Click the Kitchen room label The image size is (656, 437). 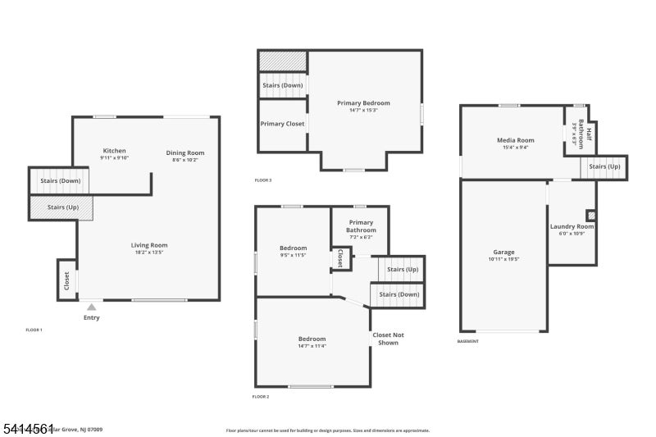[114, 151]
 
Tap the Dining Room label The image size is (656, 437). [185, 152]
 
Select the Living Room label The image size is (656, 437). [149, 245]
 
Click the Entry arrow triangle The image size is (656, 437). [91, 307]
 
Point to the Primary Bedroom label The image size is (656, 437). [363, 103]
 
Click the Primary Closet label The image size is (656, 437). [282, 124]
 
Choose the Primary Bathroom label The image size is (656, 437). [361, 226]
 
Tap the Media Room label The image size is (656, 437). [515, 140]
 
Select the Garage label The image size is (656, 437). [503, 253]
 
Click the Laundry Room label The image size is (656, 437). [572, 226]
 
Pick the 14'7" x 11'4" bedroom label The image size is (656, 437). [312, 339]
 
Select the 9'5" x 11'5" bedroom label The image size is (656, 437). [293, 248]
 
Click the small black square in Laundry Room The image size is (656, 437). [591, 216]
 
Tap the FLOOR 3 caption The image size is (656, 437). [262, 180]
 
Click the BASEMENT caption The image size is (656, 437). [468, 341]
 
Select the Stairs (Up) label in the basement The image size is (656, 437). [604, 166]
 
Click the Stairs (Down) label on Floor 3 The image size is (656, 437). [282, 85]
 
